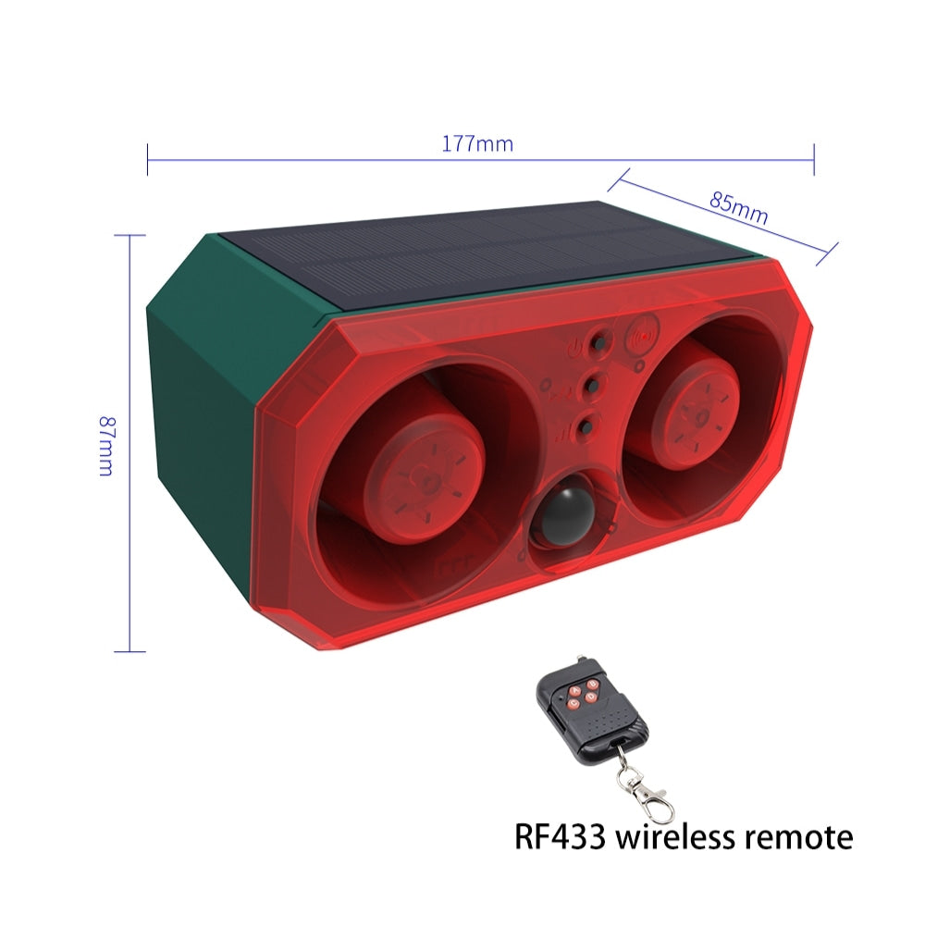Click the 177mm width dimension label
pyautogui.click(x=477, y=143)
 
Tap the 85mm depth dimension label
pyautogui.click(x=738, y=207)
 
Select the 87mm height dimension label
pyautogui.click(x=106, y=446)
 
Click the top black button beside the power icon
pyautogui.click(x=598, y=343)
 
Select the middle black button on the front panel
pyautogui.click(x=592, y=385)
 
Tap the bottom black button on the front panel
pyautogui.click(x=586, y=425)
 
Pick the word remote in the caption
pyautogui.click(x=799, y=838)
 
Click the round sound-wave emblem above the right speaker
pyautogui.click(x=643, y=335)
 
